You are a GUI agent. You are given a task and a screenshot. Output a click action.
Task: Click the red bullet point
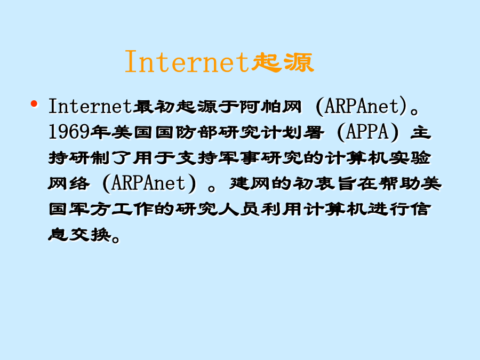(x=34, y=104)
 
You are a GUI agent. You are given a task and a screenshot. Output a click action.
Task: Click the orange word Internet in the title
(x=187, y=62)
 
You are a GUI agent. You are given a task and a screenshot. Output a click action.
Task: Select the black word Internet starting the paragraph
(x=91, y=106)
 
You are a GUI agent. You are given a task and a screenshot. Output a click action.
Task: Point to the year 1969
(x=69, y=132)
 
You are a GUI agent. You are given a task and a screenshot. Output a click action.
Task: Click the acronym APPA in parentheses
(x=367, y=132)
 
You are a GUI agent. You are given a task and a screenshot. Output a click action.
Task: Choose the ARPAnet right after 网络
(x=149, y=183)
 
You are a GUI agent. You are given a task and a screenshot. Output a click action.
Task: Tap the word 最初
(x=154, y=107)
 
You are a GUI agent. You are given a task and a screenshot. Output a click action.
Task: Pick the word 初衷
(x=314, y=183)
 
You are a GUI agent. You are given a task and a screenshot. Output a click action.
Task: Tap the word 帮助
(x=399, y=183)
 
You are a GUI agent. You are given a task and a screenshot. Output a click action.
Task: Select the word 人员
(x=239, y=210)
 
